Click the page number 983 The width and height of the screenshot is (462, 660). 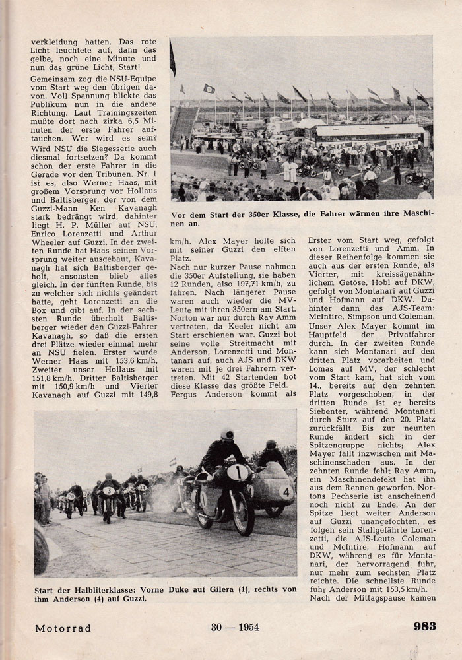click(x=424, y=626)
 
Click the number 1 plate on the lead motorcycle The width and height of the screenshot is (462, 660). click(x=238, y=473)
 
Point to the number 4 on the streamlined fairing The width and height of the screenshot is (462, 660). click(x=286, y=491)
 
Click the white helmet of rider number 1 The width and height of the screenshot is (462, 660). click(x=227, y=436)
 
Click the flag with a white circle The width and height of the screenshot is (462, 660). click(x=209, y=88)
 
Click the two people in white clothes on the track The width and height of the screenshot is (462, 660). click(x=289, y=170)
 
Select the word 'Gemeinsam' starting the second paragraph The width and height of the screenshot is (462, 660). click(x=53, y=78)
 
